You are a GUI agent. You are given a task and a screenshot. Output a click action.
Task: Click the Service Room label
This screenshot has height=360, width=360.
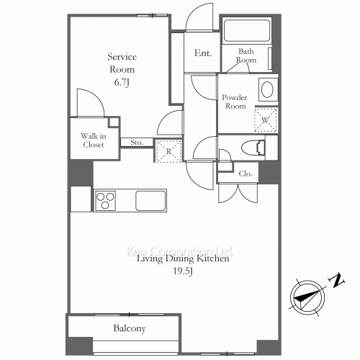click(122, 63)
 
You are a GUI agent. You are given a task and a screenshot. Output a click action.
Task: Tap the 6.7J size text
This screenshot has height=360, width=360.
click(122, 82)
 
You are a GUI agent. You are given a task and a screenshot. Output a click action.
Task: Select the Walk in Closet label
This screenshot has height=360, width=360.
click(94, 140)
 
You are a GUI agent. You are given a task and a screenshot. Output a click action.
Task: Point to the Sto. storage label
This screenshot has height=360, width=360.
click(137, 143)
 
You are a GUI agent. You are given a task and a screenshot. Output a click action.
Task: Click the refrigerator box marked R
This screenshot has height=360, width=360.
click(168, 151)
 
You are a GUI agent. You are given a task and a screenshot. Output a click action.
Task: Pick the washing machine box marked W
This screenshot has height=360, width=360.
click(266, 120)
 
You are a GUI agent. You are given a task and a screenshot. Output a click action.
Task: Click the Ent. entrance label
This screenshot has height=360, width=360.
click(203, 53)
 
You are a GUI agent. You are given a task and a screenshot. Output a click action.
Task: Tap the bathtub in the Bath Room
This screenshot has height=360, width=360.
click(246, 30)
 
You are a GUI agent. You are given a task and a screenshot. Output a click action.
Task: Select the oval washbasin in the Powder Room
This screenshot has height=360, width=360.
click(267, 90)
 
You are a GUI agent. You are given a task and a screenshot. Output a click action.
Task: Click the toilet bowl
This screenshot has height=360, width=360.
click(253, 148)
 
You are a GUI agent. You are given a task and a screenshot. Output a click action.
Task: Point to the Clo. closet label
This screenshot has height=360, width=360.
click(246, 174)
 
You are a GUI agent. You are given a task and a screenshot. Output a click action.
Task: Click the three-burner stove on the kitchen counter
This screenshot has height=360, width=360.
click(105, 201)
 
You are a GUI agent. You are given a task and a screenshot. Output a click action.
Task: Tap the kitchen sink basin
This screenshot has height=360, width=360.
click(150, 201)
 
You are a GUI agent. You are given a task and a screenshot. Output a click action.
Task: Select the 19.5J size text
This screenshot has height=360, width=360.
click(183, 271)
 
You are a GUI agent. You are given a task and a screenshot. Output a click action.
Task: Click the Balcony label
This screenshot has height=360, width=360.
click(130, 328)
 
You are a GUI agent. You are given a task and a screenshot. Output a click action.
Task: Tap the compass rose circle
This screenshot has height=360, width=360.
click(307, 297)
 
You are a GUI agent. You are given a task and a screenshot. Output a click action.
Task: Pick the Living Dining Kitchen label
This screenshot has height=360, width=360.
click(183, 258)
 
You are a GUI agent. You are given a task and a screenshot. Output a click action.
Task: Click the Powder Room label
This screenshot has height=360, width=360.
click(235, 102)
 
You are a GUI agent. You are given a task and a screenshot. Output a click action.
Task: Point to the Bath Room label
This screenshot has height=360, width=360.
click(246, 55)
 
